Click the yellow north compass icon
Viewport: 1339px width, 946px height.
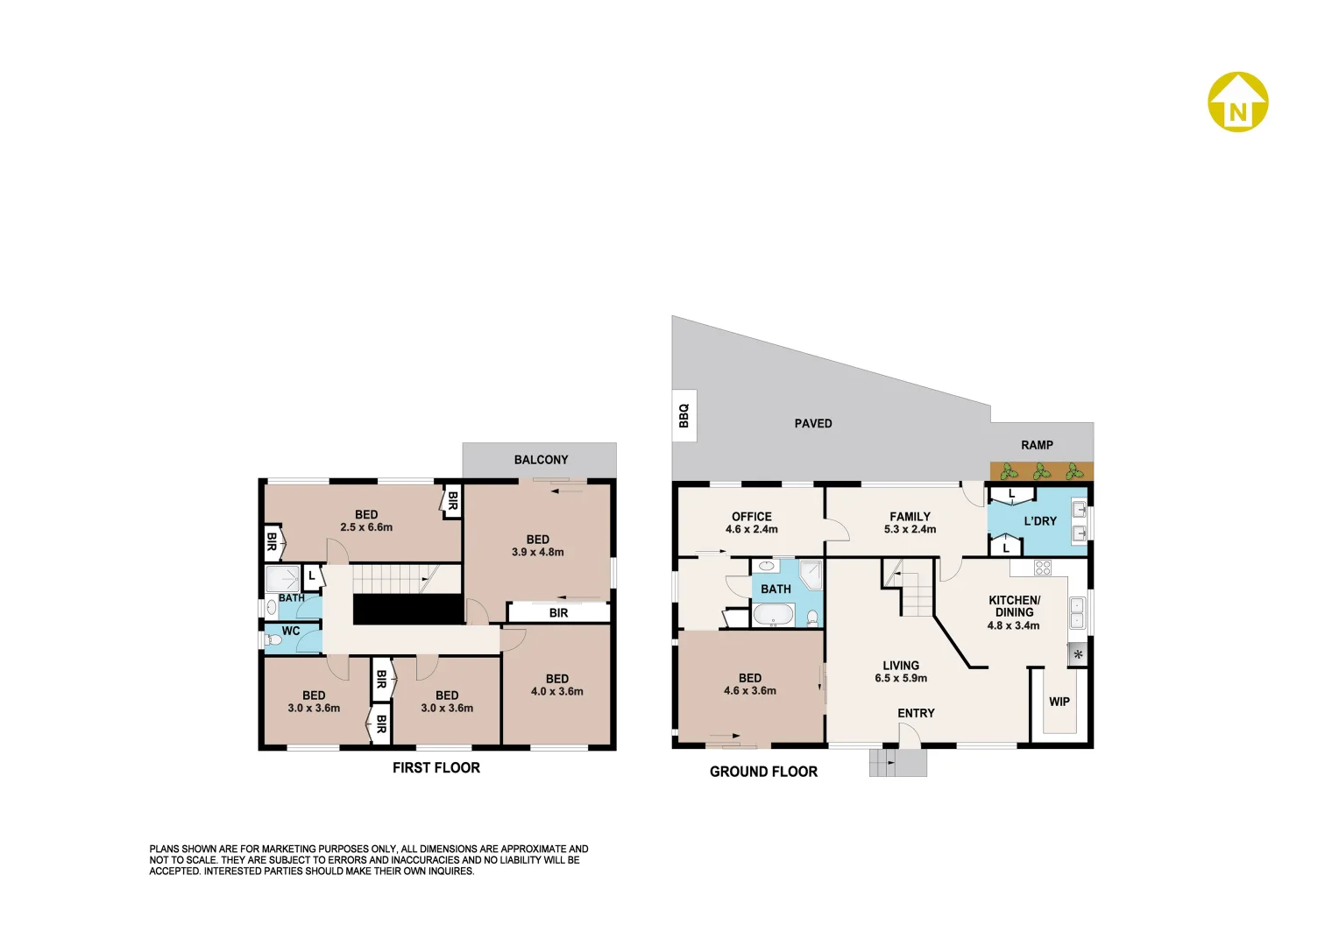click(x=1237, y=102)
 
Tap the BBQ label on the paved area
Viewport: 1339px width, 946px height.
click(x=684, y=415)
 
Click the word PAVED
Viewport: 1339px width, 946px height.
click(x=812, y=424)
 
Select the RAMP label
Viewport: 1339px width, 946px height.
click(x=1037, y=445)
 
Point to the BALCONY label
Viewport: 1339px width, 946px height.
click(x=541, y=460)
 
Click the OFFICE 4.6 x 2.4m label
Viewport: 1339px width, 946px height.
click(x=751, y=523)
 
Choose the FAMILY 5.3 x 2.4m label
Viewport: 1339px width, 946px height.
click(x=910, y=523)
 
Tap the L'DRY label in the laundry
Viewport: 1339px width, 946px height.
click(x=1040, y=521)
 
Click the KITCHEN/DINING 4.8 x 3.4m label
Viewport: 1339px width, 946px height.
click(x=1013, y=612)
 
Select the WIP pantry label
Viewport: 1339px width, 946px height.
click(x=1059, y=702)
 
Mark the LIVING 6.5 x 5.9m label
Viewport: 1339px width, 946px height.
click(x=900, y=672)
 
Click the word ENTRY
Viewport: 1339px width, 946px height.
click(x=916, y=713)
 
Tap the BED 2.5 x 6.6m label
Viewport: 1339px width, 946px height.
click(x=366, y=521)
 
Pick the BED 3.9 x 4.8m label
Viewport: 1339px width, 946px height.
click(x=537, y=546)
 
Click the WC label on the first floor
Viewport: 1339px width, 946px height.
click(x=291, y=631)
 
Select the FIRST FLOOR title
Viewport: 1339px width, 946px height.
click(x=436, y=768)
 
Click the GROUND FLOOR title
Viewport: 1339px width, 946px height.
click(x=763, y=772)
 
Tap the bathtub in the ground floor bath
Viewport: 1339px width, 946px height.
click(x=774, y=617)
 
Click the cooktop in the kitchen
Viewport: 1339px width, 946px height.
click(x=1042, y=568)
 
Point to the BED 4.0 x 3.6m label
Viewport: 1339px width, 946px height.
click(x=556, y=685)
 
